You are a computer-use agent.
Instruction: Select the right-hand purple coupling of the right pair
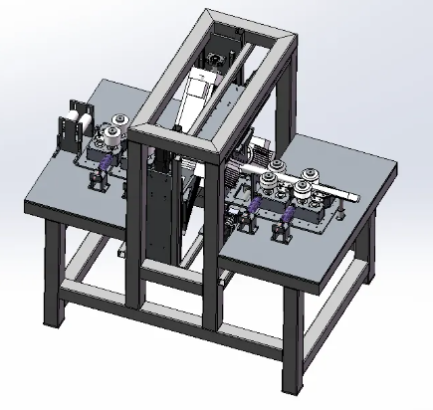(x=289, y=215)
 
